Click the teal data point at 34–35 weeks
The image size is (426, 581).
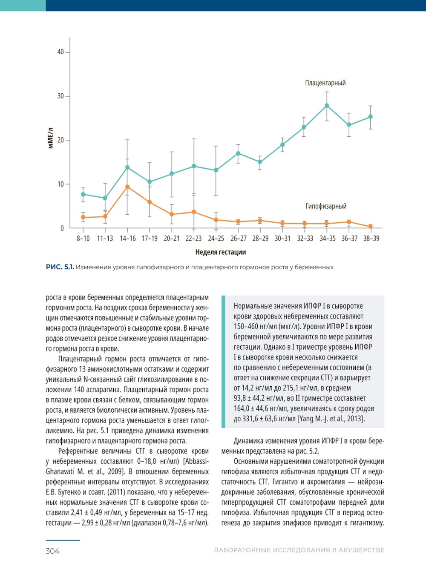(x=327, y=106)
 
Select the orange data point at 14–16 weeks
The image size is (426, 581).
(x=127, y=187)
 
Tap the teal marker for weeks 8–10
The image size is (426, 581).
(x=83, y=194)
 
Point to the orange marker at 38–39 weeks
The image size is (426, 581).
(x=371, y=227)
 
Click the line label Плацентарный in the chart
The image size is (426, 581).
(x=325, y=83)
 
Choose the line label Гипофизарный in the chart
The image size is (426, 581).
(x=326, y=206)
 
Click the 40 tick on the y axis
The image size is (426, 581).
(x=60, y=52)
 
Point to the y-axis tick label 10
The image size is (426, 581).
(x=60, y=184)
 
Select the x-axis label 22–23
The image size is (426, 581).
(x=194, y=239)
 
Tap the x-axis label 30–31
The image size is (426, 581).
(x=282, y=239)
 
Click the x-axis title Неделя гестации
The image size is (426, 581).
(x=220, y=252)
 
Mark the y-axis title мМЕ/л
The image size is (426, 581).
(x=51, y=138)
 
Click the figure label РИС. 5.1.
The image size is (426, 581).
(x=60, y=267)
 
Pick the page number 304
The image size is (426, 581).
(x=52, y=551)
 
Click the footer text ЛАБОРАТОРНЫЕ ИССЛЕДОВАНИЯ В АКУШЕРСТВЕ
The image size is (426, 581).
(x=299, y=550)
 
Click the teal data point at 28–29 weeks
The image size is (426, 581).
(x=260, y=162)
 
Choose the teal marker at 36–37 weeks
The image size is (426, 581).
(x=349, y=125)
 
